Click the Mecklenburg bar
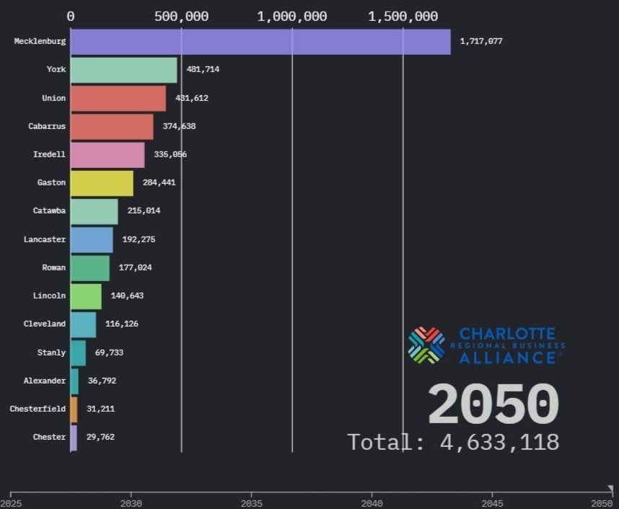(260, 41)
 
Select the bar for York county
(123, 70)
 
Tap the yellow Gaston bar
(102, 182)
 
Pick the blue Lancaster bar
(92, 239)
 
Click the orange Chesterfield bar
(74, 409)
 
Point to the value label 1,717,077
(480, 41)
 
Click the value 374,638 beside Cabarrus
(179, 126)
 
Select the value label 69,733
(109, 353)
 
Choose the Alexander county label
(45, 381)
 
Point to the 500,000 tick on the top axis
(181, 17)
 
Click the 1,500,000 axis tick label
(403, 17)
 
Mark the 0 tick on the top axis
(71, 17)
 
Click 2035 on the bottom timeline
(251, 503)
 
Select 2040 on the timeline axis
(372, 503)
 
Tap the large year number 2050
(493, 405)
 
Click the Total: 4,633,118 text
(453, 441)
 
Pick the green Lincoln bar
(86, 296)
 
